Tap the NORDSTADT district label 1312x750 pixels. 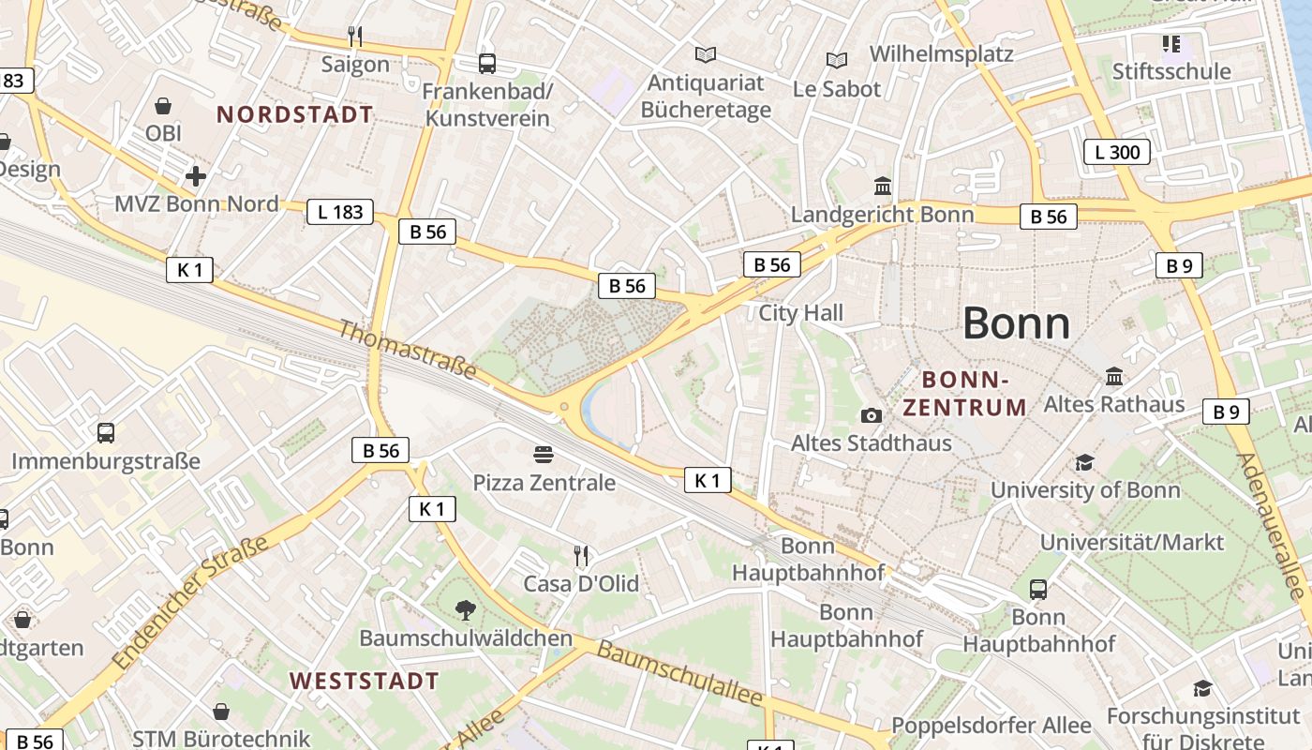tap(294, 114)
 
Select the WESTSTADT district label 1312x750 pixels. tap(364, 681)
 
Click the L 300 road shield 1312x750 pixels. tap(1116, 152)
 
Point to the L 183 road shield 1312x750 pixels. tap(339, 212)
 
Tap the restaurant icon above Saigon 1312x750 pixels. tap(354, 37)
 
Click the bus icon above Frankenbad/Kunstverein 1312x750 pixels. tap(486, 64)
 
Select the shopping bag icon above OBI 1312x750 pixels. tap(163, 106)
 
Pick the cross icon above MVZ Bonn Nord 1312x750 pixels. tap(196, 176)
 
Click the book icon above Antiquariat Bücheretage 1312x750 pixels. tap(705, 55)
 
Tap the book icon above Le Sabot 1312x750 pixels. tap(836, 61)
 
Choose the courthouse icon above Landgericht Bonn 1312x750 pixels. tap(882, 186)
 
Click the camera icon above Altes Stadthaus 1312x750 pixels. tap(871, 415)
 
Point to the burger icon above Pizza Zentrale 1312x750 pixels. tap(543, 455)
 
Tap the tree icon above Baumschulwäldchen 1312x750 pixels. tap(465, 611)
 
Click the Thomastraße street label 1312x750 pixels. tap(407, 350)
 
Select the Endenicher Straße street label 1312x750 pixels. tap(189, 603)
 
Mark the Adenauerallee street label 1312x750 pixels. tap(1270, 527)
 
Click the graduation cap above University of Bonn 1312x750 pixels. tap(1084, 462)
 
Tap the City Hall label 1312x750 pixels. tap(800, 313)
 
